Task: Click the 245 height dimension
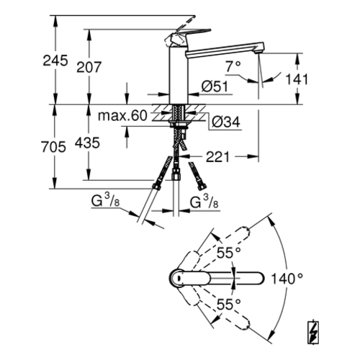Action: coord(55,60)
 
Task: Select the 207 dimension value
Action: coord(89,67)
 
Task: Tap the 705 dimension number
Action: coord(53,147)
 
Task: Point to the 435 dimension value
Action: coord(87,143)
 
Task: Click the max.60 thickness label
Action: coord(122,116)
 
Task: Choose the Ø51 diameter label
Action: coord(215,86)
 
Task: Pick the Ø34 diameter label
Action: coord(226,122)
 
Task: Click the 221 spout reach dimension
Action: coord(218,157)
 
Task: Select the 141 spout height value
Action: coord(297,79)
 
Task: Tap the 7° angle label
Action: coord(233,66)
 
